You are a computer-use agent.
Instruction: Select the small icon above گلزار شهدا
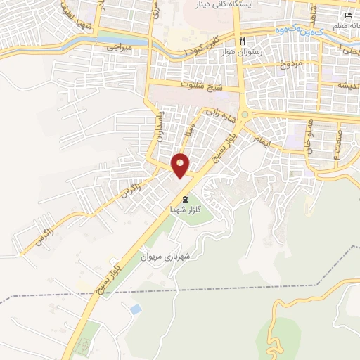pyautogui.click(x=186, y=198)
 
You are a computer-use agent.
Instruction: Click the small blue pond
pyautogui.click(x=134, y=309)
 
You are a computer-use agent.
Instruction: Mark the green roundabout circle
pyautogui.click(x=245, y=114)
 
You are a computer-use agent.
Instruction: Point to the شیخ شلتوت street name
pyautogui.click(x=200, y=86)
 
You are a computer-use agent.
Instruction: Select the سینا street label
pyautogui.click(x=188, y=131)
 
